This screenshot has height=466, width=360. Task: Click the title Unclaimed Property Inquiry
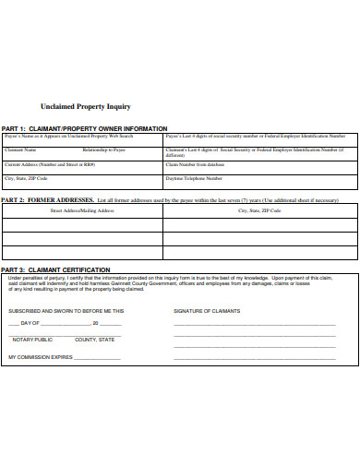[85, 107]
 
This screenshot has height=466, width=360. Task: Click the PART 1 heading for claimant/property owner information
[84, 128]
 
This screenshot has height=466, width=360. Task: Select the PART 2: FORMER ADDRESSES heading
[47, 199]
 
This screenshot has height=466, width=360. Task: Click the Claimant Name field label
[21, 149]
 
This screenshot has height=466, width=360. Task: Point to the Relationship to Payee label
[103, 149]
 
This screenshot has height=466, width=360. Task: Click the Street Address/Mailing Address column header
[82, 210]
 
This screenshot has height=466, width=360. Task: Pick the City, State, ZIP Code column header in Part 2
[259, 210]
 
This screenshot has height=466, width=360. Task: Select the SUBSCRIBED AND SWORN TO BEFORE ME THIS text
[66, 311]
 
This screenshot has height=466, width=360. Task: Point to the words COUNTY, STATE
[95, 340]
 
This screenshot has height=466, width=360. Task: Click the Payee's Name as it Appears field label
[69, 135]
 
